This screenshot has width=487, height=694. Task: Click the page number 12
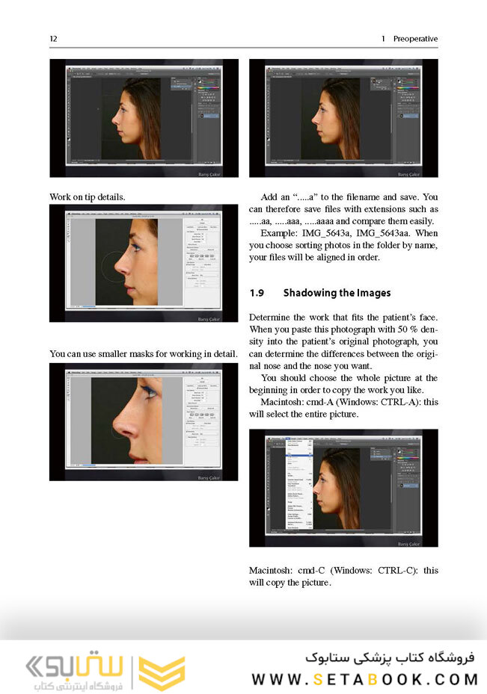[53, 39]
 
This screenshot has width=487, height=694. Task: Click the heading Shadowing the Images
[337, 293]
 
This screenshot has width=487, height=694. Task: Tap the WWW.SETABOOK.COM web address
[364, 679]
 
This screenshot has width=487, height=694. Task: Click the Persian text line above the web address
[390, 658]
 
